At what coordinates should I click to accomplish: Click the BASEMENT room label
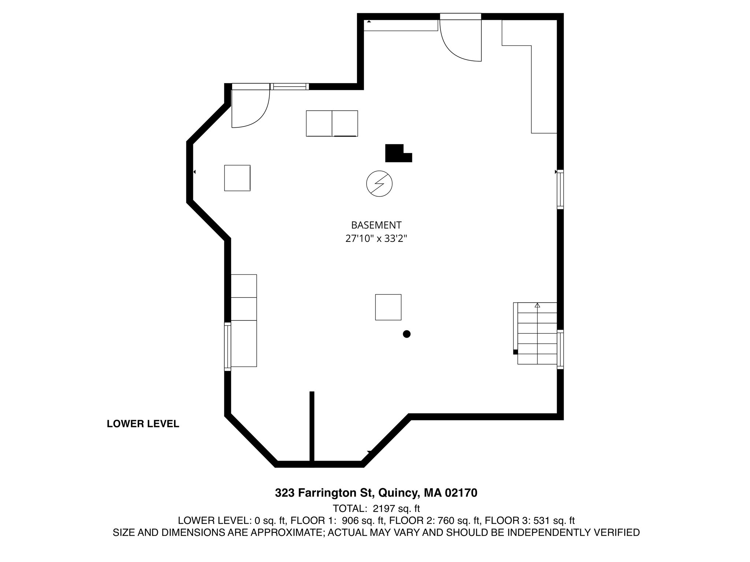376,225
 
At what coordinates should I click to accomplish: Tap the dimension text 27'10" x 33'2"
376,239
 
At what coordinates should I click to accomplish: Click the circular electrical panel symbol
379,184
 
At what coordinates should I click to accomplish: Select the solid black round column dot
406,334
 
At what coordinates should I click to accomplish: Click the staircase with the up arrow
537,334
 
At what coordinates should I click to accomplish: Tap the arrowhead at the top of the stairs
537,305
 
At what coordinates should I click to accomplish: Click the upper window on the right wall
560,190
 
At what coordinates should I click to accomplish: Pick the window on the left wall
227,346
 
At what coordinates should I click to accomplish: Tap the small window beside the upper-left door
289,87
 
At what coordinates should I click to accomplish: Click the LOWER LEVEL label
143,424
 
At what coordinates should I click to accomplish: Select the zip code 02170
461,493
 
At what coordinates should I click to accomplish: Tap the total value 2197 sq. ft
396,509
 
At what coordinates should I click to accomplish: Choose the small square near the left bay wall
237,178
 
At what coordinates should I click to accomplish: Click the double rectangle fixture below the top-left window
332,123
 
